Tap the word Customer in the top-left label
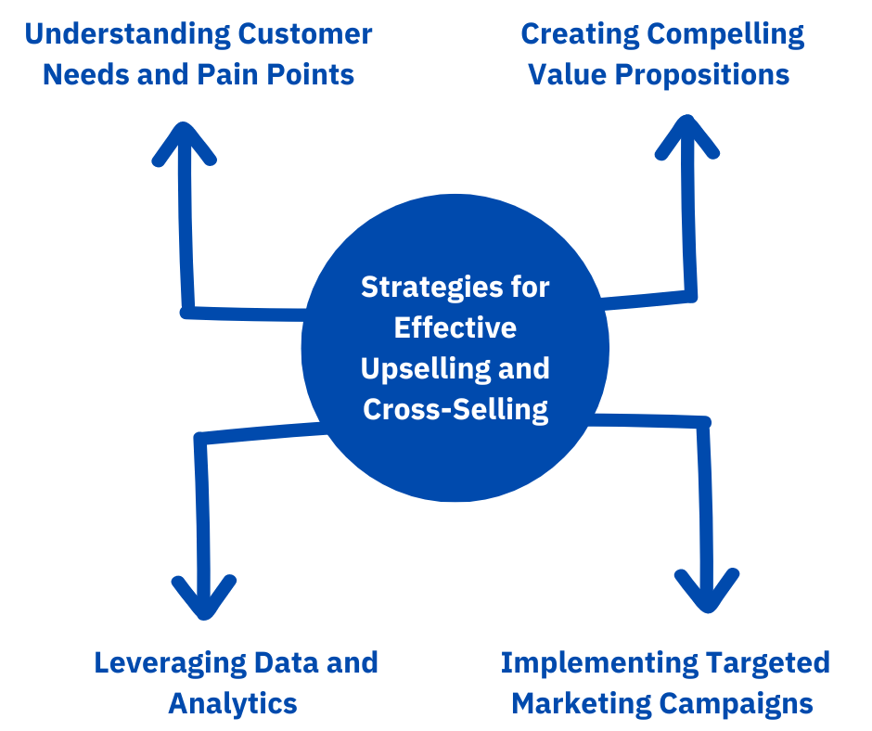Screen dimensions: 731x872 coord(305,35)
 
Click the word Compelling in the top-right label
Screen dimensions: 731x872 coord(726,35)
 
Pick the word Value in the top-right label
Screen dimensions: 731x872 coord(568,75)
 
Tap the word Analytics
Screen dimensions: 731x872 coord(233,703)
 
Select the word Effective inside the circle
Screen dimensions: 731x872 coord(455,327)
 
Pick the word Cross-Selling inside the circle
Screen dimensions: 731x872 coord(455,409)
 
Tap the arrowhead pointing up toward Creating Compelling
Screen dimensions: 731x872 coord(687,135)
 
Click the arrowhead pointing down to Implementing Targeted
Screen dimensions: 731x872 coord(707,592)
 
